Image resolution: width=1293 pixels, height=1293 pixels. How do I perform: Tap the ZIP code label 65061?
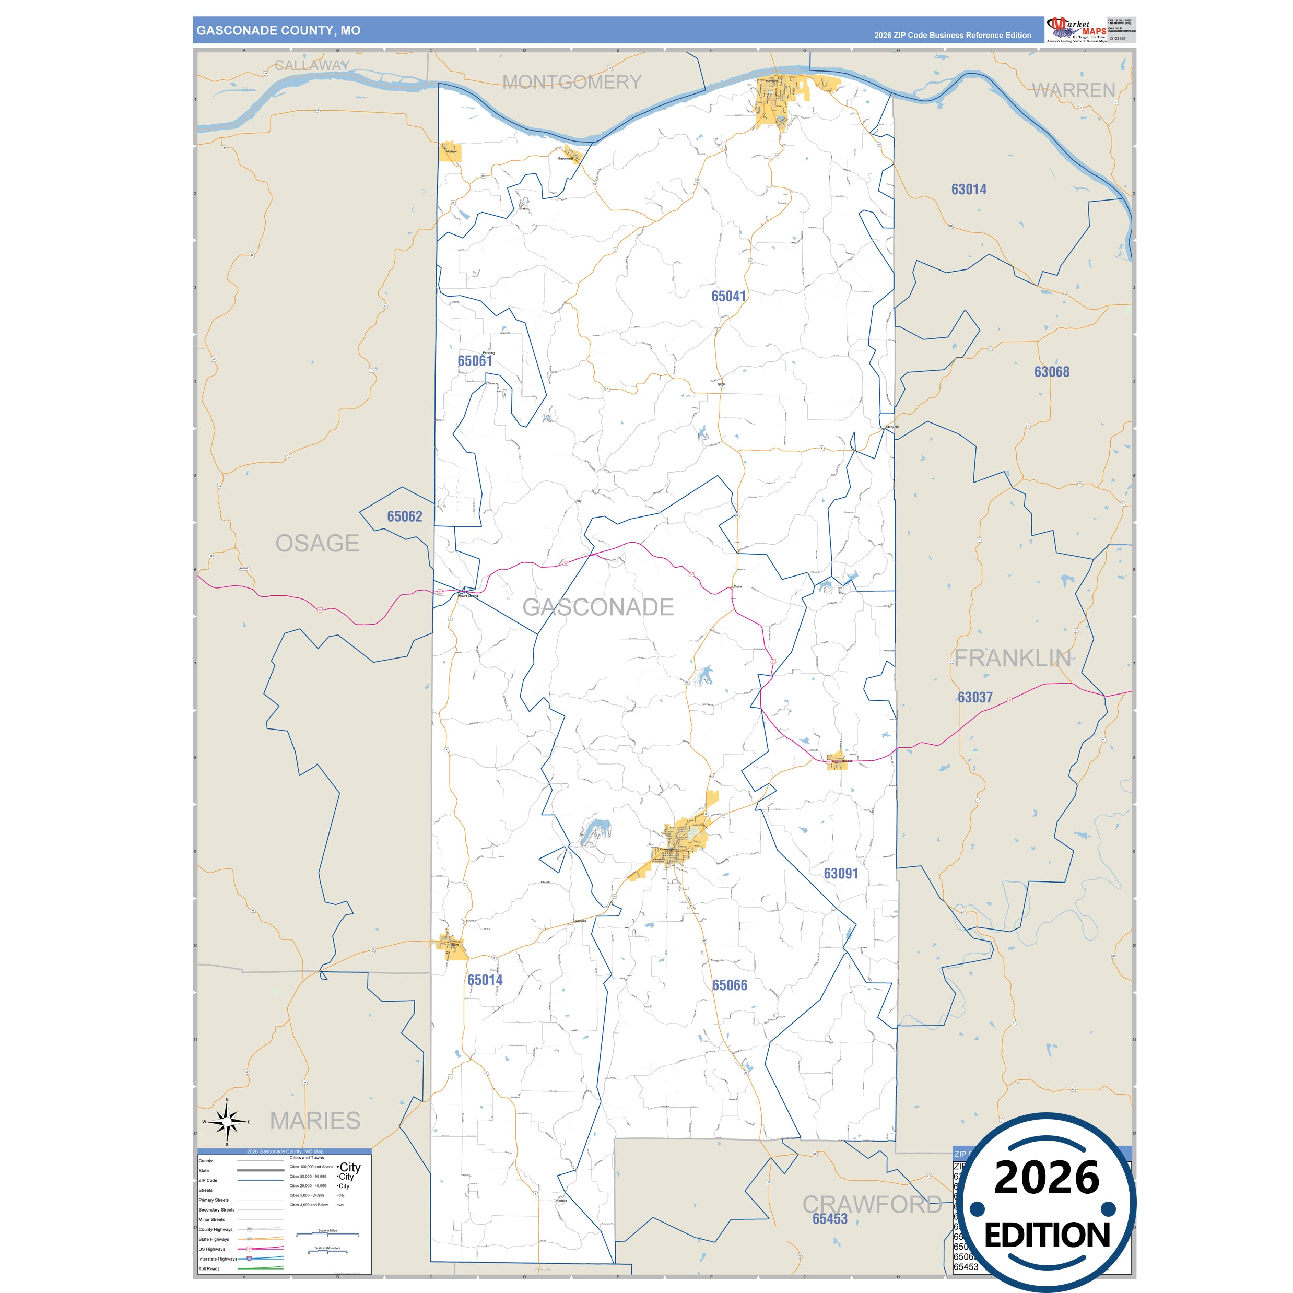click(x=475, y=361)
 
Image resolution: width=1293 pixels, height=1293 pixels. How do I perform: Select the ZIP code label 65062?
click(x=404, y=516)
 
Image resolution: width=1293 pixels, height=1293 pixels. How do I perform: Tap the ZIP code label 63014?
click(x=968, y=190)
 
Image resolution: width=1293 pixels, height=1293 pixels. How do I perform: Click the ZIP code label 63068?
click(x=1051, y=373)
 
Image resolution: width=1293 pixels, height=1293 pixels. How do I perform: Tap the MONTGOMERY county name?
click(x=571, y=83)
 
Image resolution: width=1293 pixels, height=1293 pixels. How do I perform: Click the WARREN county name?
click(x=1073, y=90)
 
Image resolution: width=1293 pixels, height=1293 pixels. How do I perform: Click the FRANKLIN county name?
click(x=1012, y=659)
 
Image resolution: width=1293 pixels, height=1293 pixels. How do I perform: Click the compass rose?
click(x=227, y=1122)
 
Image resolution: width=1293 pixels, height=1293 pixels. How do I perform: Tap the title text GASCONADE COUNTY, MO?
click(x=278, y=31)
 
